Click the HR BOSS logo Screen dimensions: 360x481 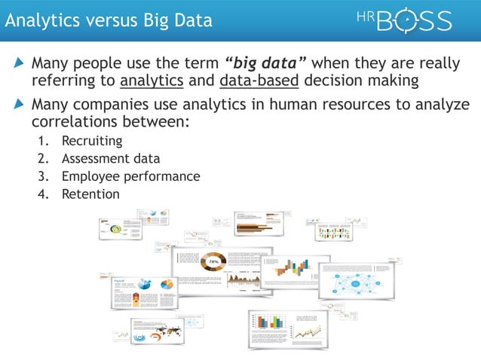pyautogui.click(x=404, y=20)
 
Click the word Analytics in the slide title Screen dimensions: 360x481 pyautogui.click(x=37, y=20)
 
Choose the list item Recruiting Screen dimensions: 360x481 pyautogui.click(x=92, y=141)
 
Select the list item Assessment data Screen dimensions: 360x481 pyautogui.click(x=110, y=159)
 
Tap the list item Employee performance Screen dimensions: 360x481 pyautogui.click(x=130, y=176)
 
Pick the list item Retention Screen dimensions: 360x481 pyautogui.click(x=90, y=194)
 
